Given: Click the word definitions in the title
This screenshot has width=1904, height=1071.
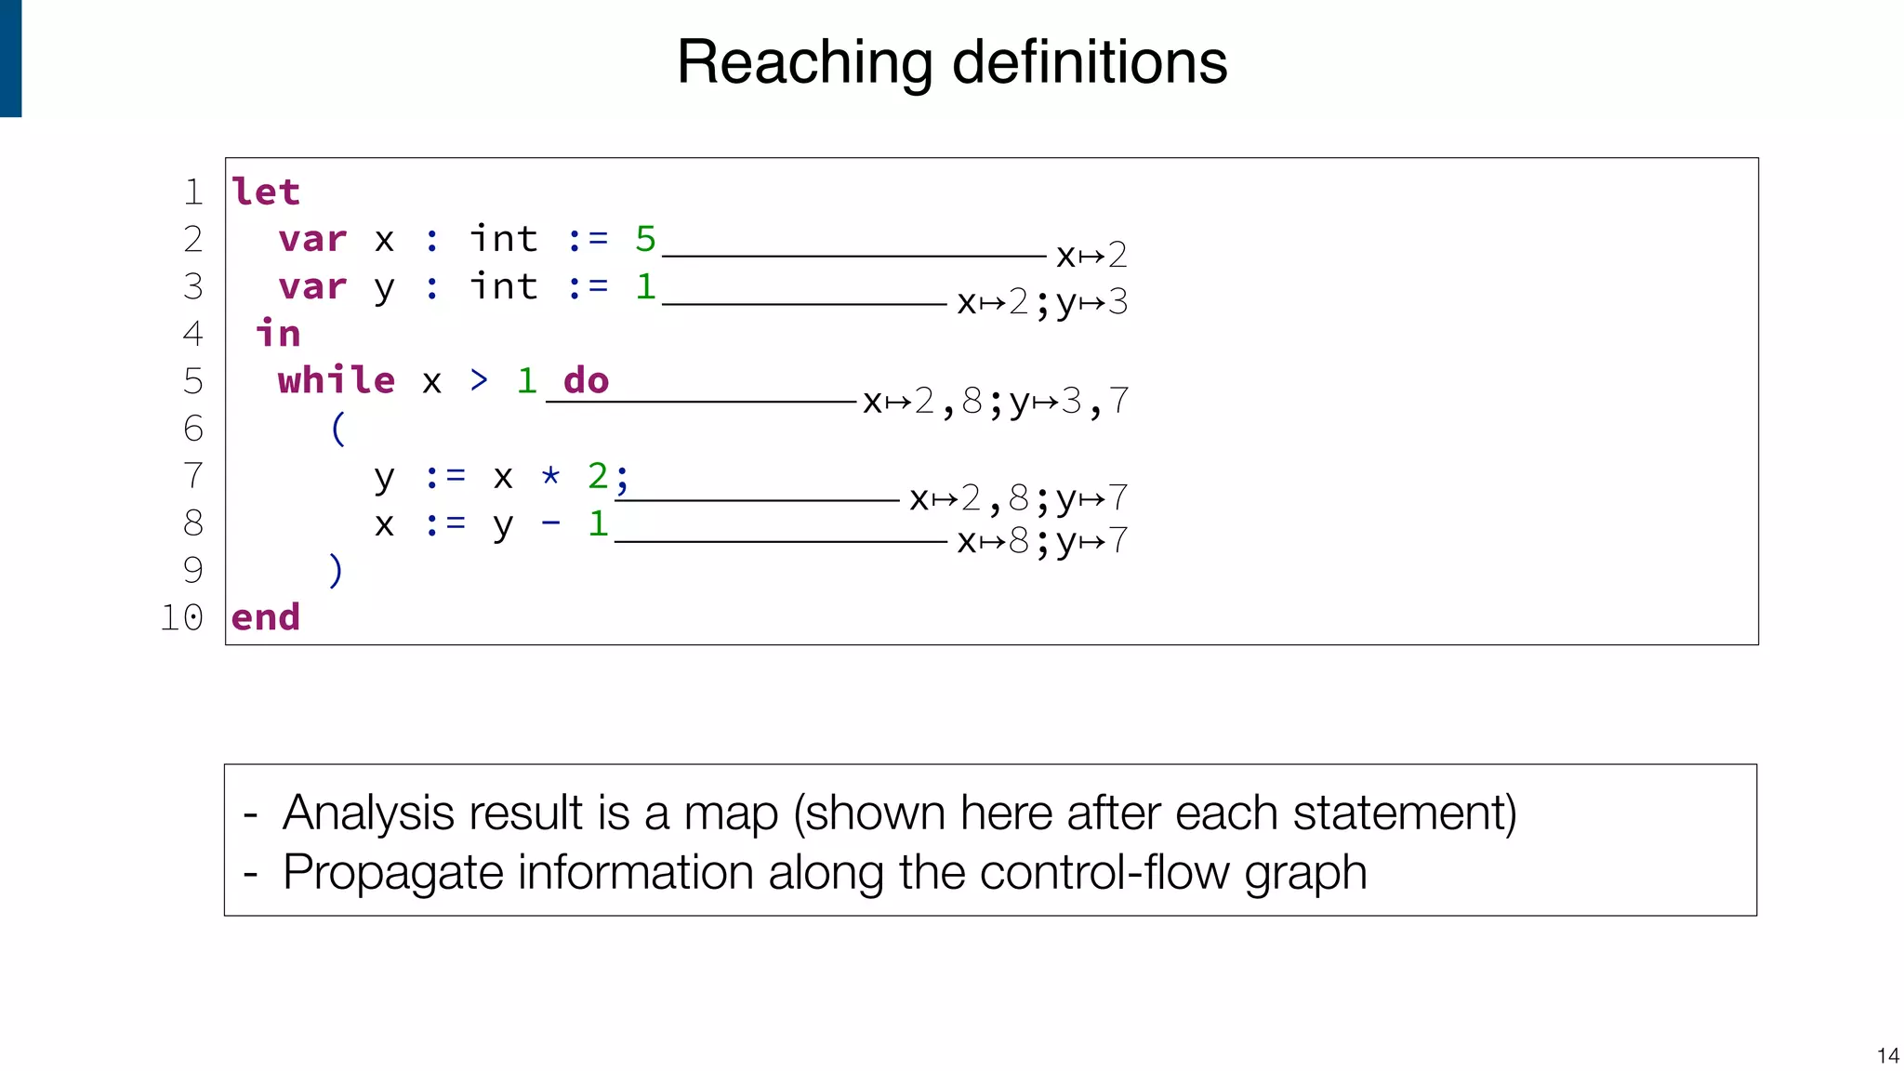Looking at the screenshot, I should pos(1090,63).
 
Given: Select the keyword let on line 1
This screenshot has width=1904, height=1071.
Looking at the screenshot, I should pos(266,192).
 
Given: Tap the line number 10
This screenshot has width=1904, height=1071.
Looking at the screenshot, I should pos(181,617).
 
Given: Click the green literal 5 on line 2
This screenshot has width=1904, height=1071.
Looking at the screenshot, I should pos(645,239).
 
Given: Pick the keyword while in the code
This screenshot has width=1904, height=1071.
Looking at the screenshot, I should pos(336,380).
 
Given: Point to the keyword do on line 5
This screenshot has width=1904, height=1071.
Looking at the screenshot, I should pos(586,380).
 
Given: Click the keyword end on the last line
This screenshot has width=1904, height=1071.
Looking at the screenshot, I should pos(266,617).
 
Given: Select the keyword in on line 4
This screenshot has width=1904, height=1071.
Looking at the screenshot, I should pos(278,333).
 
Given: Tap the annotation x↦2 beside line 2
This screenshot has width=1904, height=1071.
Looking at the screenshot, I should pos(1091,255).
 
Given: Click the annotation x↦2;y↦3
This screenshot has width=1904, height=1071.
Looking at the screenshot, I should pos(1042,302).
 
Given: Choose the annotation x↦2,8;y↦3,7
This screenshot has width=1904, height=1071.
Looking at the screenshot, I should pos(996,402).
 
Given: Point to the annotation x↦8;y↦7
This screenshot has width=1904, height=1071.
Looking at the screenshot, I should pos(1042,541).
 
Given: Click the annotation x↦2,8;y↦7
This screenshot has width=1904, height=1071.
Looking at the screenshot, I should pos(1019,499).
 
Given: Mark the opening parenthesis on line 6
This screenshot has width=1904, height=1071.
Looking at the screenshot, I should pos(338,429).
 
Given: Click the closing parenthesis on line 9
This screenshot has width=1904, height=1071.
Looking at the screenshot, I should pos(336,570).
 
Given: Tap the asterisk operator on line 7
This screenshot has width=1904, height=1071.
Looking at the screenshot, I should pos(550,476).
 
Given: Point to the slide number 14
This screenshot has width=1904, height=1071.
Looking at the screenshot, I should pos(1887,1055).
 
